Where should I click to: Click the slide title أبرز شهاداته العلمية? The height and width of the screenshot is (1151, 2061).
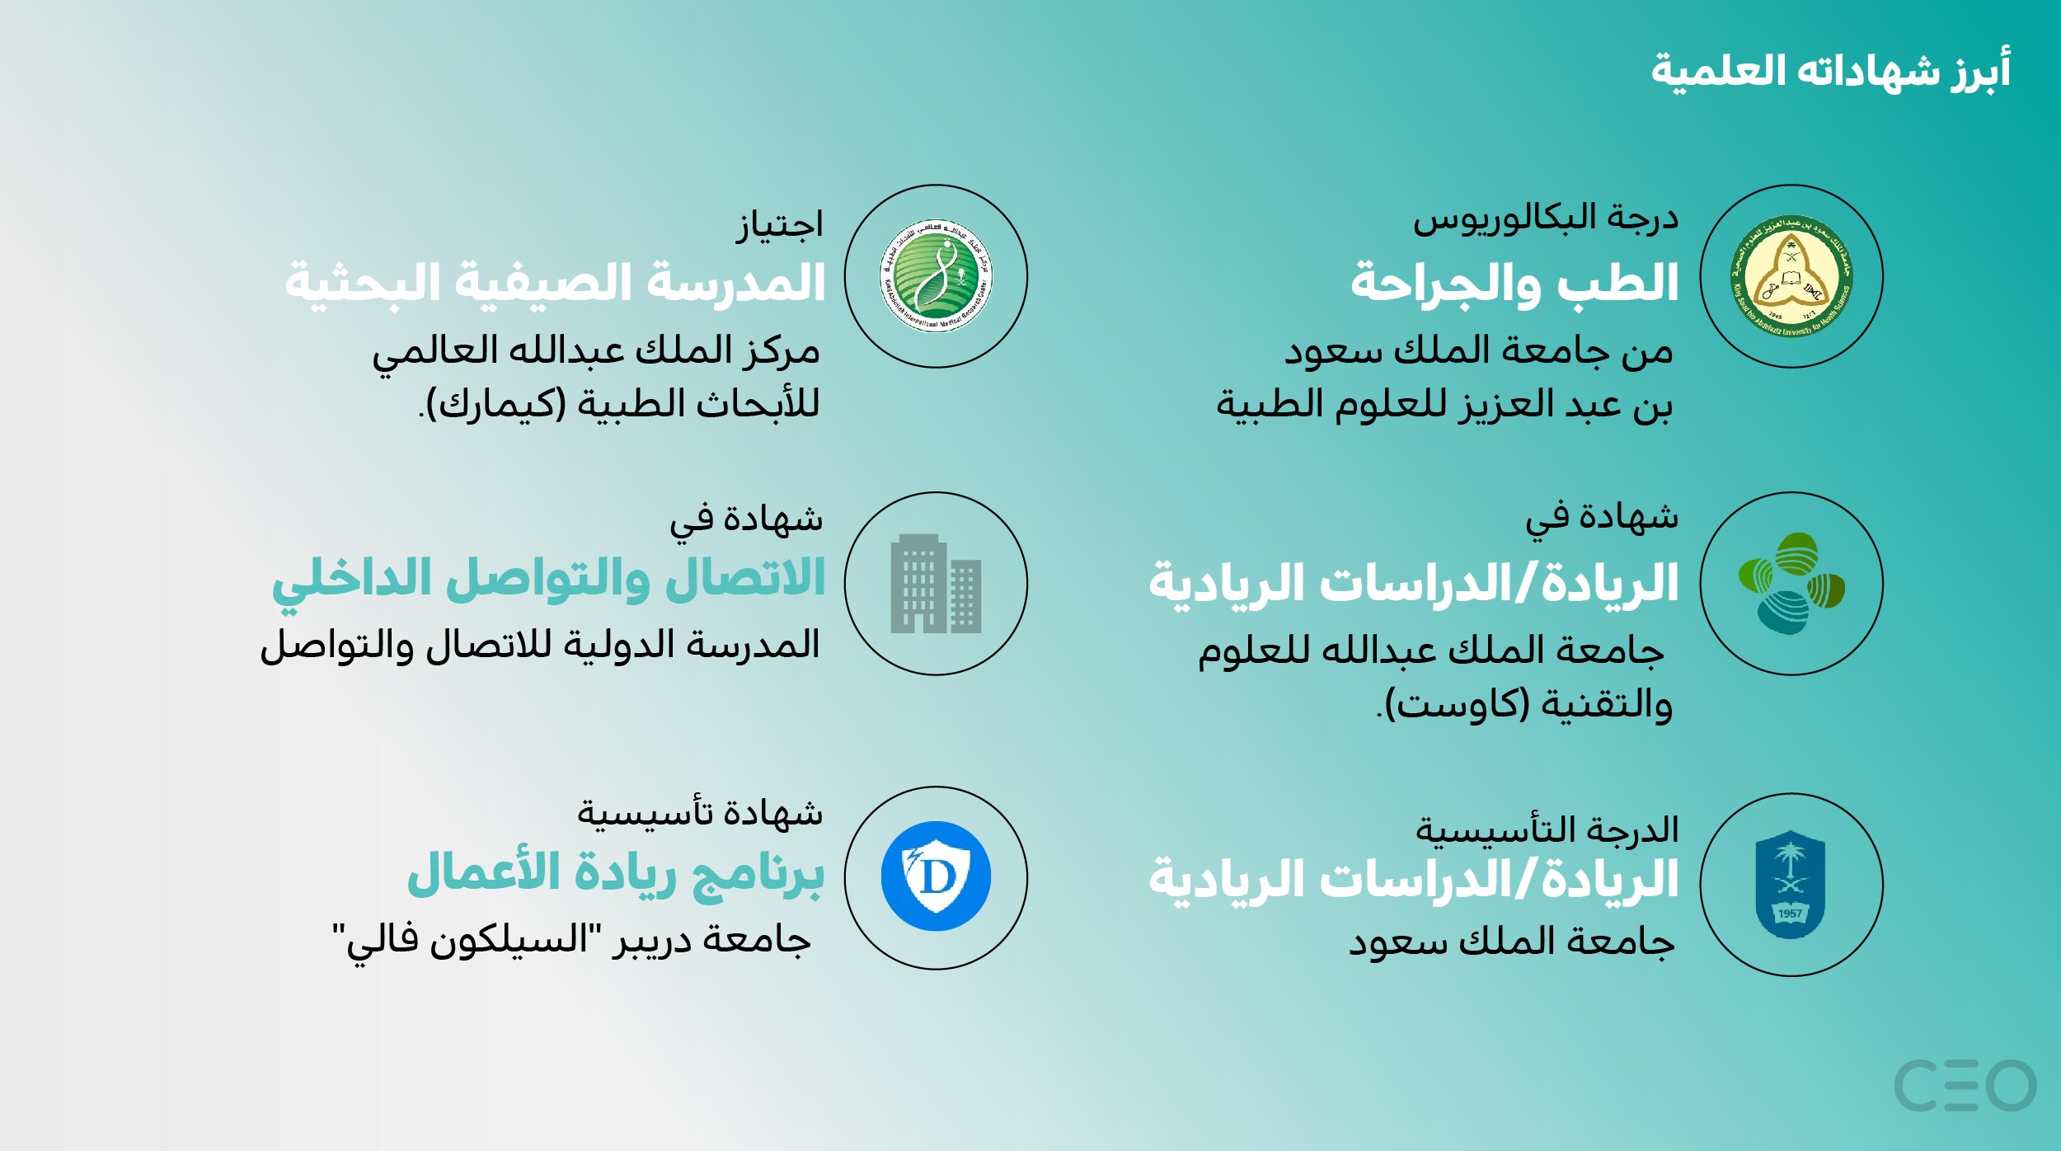(1830, 71)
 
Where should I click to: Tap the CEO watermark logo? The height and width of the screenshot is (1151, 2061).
(1965, 1085)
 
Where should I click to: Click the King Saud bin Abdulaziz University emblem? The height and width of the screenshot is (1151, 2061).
(1791, 276)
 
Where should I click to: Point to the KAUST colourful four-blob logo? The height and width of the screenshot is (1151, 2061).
(1791, 584)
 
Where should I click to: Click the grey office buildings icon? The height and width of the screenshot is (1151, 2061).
(936, 584)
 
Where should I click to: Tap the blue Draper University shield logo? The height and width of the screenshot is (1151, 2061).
(936, 876)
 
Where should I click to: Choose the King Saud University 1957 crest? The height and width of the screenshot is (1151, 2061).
(1791, 884)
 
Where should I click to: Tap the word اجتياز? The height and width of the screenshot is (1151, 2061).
(780, 225)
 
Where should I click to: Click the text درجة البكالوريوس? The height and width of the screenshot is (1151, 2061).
(1546, 219)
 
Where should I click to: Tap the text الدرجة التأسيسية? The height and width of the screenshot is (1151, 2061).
(1547, 829)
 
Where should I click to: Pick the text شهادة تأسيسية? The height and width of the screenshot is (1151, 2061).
(700, 812)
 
